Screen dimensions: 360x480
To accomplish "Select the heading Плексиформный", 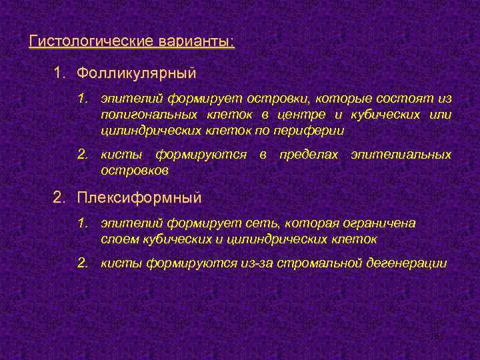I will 139,198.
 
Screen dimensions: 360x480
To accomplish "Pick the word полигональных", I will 143,115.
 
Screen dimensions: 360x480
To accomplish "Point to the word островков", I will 135,171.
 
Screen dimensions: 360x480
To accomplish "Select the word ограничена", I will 381,223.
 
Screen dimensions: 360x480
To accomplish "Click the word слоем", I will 119,239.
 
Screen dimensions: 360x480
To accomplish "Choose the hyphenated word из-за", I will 255,263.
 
